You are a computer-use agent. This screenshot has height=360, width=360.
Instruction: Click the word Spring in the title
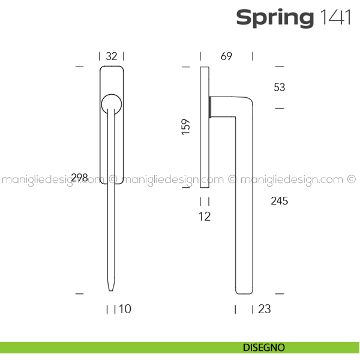pos(275,18)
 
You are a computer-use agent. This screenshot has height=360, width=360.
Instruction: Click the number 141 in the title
pos(335,17)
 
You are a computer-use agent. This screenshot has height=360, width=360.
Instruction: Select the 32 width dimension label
pos(112,56)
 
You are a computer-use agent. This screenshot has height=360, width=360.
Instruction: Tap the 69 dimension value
pos(226,56)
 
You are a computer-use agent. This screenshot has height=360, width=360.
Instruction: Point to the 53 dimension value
pos(280,87)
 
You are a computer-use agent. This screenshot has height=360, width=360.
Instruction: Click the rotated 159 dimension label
pos(186,127)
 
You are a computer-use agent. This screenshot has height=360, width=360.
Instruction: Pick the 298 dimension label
pos(79,178)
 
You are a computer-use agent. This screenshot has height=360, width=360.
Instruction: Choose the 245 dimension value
pos(280,201)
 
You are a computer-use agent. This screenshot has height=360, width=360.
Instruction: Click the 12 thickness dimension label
pos(205,217)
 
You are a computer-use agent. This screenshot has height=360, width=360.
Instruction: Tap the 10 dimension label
pos(125,309)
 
